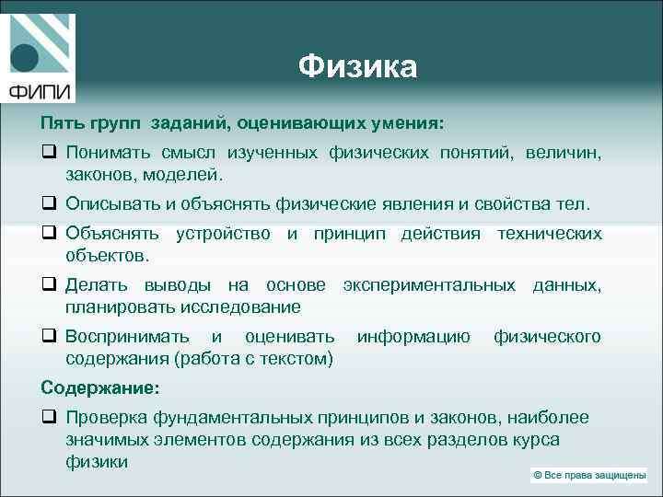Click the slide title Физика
coord(358,67)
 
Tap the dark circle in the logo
coord(25,58)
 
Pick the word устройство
coord(223,234)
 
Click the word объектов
coord(105,254)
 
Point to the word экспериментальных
coord(429,285)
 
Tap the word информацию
coord(413,337)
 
